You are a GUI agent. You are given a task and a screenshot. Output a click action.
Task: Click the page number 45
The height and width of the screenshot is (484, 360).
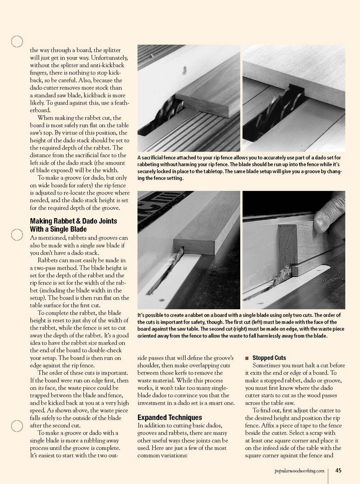338,471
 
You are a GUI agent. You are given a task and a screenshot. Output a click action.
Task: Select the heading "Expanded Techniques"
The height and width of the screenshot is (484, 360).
170,417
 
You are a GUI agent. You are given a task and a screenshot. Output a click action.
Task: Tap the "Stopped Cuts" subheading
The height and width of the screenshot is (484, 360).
269,358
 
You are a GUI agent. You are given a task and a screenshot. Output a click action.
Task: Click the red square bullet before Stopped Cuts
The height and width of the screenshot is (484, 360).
247,358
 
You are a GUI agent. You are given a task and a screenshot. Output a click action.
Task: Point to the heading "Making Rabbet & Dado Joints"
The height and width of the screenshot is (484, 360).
73,221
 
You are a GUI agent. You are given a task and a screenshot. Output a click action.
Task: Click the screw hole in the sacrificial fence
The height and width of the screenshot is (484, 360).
185,71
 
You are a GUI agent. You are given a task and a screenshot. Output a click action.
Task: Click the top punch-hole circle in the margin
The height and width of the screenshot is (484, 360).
17,41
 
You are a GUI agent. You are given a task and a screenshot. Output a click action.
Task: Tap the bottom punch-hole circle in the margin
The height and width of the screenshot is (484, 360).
17,425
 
